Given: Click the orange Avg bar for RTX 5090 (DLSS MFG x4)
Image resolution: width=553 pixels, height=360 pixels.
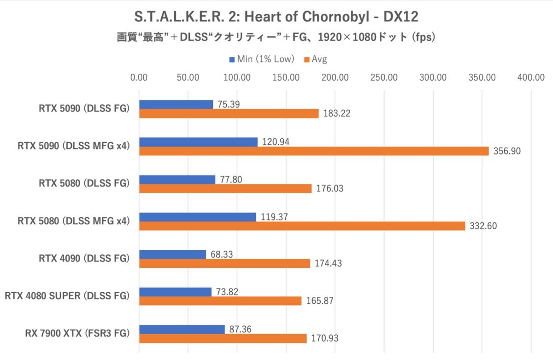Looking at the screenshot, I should (x=313, y=151).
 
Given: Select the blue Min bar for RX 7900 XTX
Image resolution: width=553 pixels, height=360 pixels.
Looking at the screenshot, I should (x=182, y=329).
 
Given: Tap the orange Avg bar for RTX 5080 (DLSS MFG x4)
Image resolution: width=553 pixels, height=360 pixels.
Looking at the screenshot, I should (x=302, y=226).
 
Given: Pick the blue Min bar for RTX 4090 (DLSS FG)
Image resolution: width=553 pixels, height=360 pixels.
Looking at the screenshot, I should (x=172, y=254).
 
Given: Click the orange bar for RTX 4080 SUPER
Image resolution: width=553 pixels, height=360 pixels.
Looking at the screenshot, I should (x=220, y=301).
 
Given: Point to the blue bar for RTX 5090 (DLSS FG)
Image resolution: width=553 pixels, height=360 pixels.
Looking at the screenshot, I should (x=176, y=105).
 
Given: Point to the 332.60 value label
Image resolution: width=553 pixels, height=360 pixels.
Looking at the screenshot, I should (x=482, y=226).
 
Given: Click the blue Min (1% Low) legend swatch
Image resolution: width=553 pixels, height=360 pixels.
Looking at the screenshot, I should (x=232, y=59).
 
